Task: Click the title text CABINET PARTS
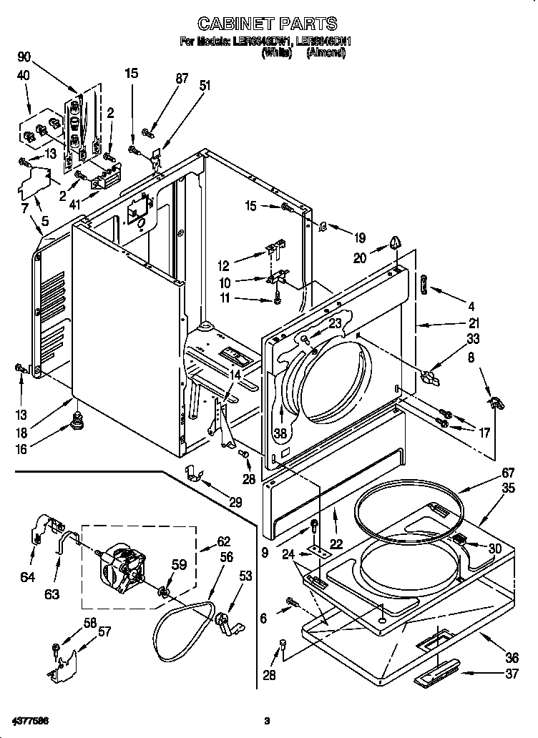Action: [267, 24]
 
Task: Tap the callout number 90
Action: [24, 57]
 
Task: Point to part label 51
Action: [205, 85]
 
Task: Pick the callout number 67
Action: [488, 472]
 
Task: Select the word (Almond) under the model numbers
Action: [326, 53]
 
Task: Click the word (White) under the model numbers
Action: [277, 53]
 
